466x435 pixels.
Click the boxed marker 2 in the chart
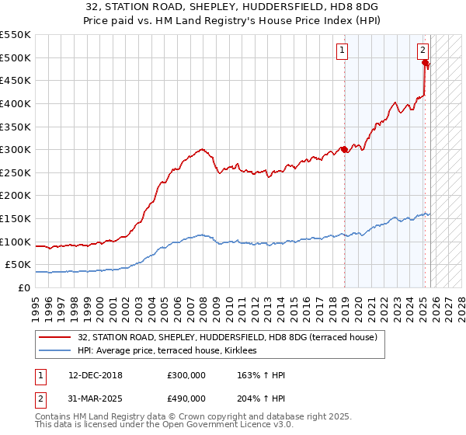coord(423,50)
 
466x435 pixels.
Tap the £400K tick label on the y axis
coord(16,103)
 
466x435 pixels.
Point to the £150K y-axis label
coord(16,218)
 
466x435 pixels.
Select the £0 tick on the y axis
coord(23,287)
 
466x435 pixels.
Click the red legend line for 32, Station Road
coord(56,337)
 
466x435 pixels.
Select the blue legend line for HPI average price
coord(56,351)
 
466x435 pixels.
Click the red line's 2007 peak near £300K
coord(202,149)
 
